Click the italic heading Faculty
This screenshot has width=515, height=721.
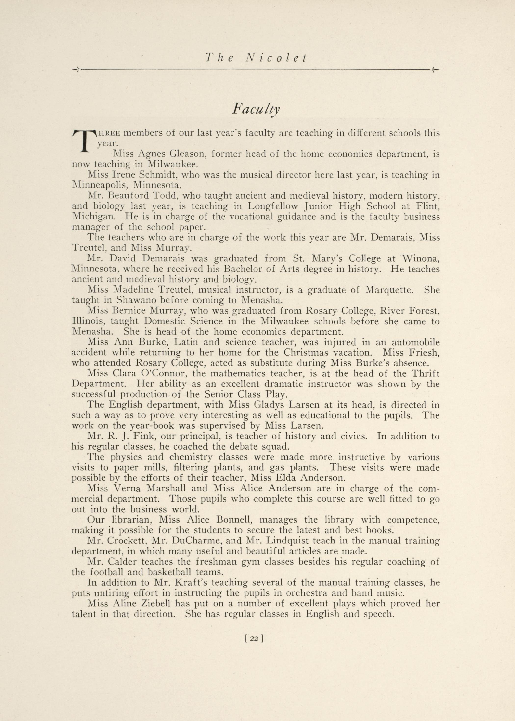(x=256, y=110)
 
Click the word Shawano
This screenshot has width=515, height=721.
(x=136, y=300)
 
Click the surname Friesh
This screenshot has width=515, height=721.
(x=425, y=352)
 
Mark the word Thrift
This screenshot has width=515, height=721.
(x=424, y=373)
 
